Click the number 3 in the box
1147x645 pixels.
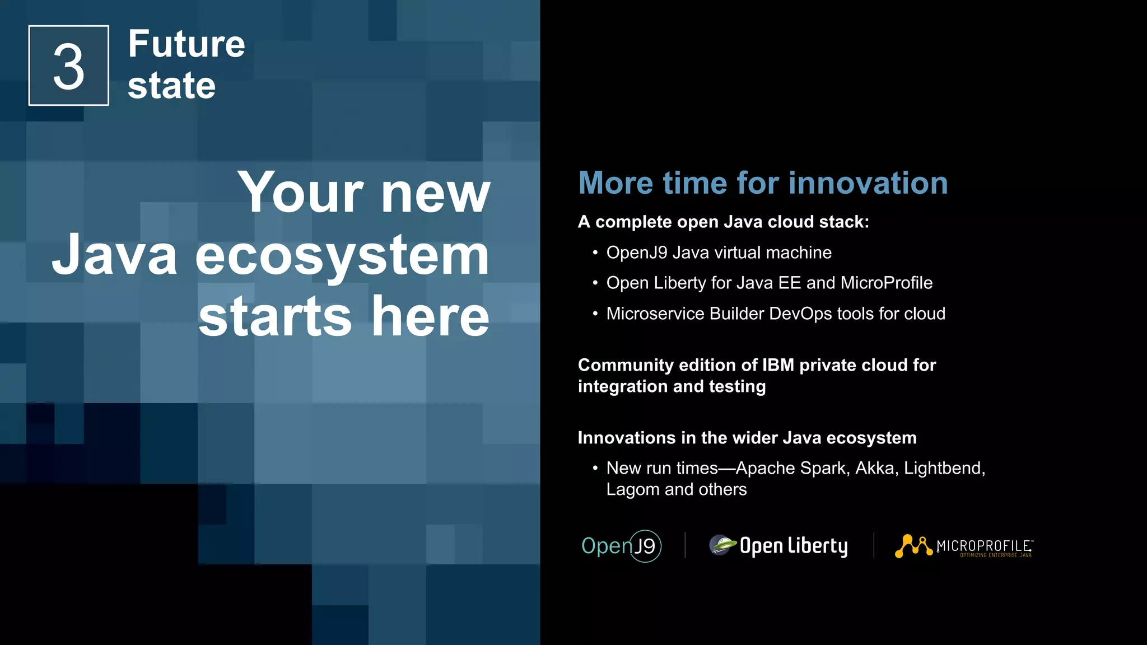pyautogui.click(x=68, y=67)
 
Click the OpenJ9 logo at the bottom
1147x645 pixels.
pyautogui.click(x=621, y=546)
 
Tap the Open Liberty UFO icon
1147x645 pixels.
pyautogui.click(x=722, y=545)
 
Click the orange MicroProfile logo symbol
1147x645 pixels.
pyautogui.click(x=913, y=546)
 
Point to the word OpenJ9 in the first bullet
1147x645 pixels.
pyautogui.click(x=636, y=253)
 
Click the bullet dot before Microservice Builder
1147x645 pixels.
pyautogui.click(x=595, y=314)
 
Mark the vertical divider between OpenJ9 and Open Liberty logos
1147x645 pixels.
pyautogui.click(x=685, y=545)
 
